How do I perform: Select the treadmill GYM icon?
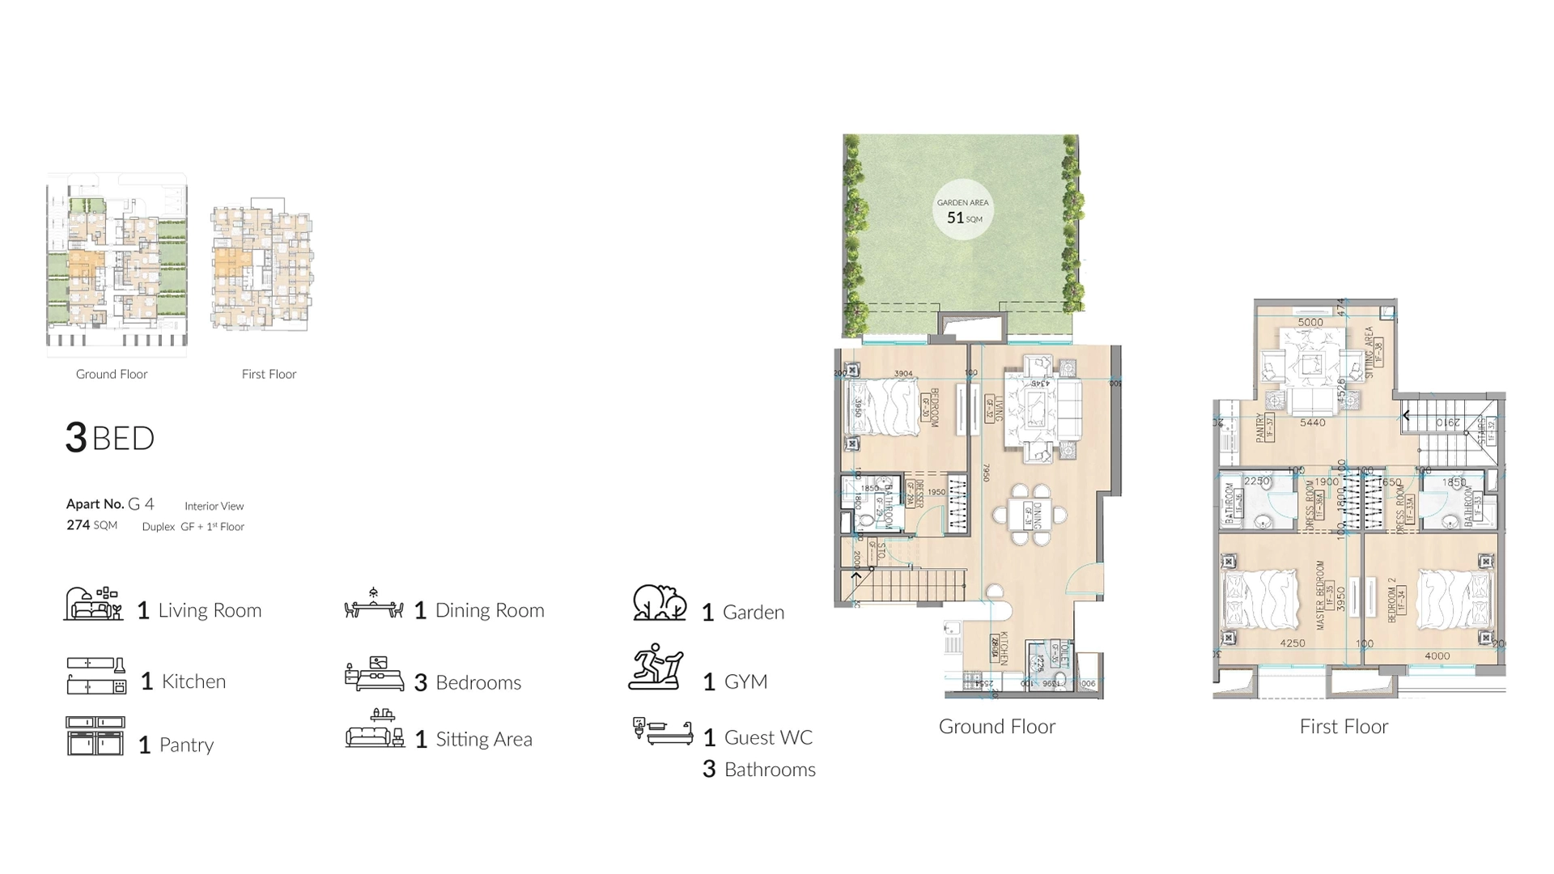[656, 668]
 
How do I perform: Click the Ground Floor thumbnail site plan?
[117, 264]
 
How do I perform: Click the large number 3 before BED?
[76, 438]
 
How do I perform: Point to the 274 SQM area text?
[91, 525]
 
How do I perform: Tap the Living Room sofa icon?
[94, 605]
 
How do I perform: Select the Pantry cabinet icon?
[96, 736]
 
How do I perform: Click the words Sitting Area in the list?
[483, 739]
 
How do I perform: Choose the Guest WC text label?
[767, 737]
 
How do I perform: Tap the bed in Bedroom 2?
[1454, 600]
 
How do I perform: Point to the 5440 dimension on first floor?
[1312, 422]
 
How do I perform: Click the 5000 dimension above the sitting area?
[1310, 322]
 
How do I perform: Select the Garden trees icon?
[660, 603]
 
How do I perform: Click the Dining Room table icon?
[373, 605]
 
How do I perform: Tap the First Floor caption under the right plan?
[1344, 727]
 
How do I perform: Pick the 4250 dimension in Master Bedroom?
[1292, 643]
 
